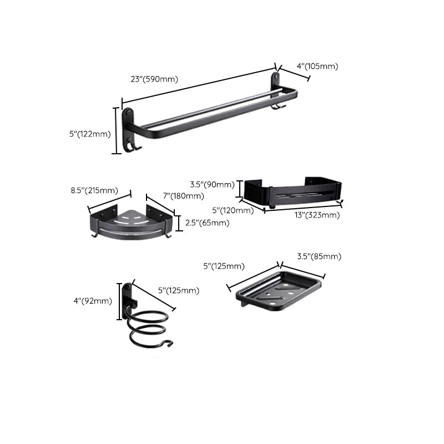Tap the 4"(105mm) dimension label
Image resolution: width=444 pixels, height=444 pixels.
(317, 66)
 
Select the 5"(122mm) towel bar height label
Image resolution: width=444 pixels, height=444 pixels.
(90, 134)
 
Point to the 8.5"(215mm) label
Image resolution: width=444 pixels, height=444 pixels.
(94, 190)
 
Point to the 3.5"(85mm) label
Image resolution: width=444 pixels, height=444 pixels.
(319, 256)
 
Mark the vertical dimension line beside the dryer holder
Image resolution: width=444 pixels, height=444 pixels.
(118, 301)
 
